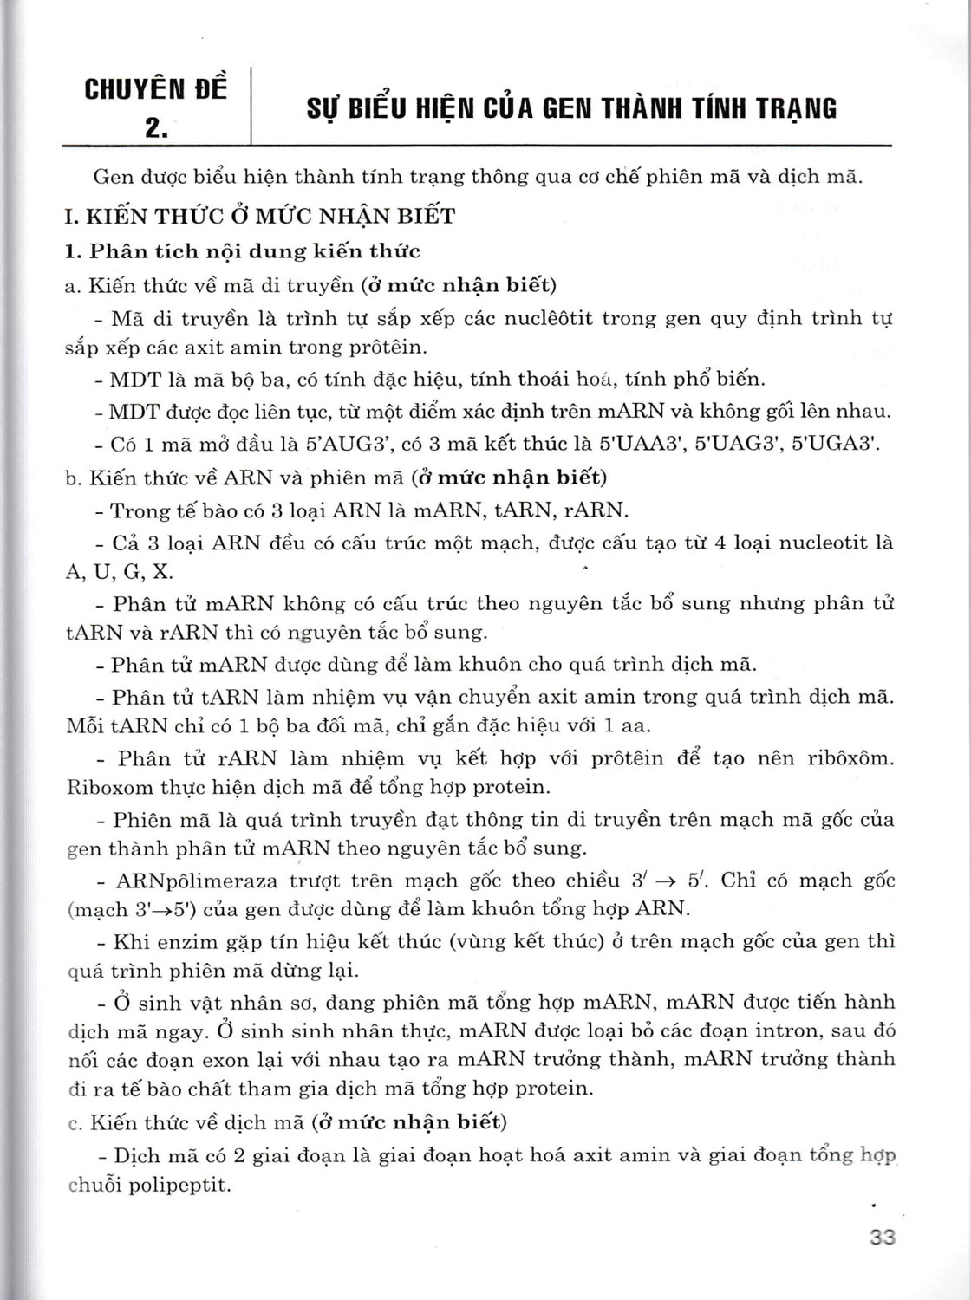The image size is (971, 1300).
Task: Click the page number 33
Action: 881,1237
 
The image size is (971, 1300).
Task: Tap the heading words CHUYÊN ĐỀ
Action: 156,89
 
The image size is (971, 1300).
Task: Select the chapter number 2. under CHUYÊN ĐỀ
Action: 156,127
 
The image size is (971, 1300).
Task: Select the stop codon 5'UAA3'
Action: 642,445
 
